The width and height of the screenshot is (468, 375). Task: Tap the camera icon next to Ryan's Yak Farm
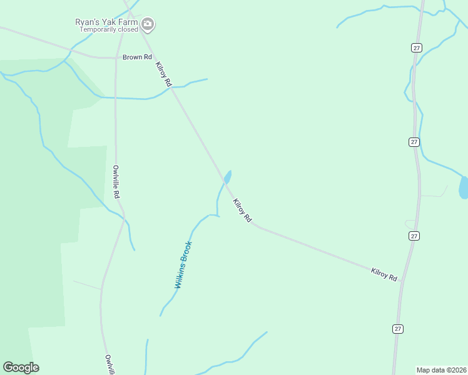click(x=148, y=25)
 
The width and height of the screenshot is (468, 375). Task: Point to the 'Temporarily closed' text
click(x=108, y=29)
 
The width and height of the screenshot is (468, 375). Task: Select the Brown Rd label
click(x=138, y=57)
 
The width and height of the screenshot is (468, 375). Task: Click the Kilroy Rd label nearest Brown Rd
click(x=163, y=74)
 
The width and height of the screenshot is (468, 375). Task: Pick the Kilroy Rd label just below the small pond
click(x=242, y=211)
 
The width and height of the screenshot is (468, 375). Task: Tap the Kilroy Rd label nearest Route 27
click(x=384, y=274)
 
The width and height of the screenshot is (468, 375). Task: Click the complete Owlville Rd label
click(x=116, y=181)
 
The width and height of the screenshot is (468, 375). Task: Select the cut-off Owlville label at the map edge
click(x=108, y=364)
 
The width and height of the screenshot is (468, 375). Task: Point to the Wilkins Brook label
click(x=183, y=265)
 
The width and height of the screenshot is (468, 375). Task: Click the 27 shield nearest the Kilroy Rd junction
click(x=414, y=236)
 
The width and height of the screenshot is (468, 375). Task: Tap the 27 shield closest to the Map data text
click(x=397, y=329)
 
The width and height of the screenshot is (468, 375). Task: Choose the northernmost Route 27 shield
click(x=415, y=47)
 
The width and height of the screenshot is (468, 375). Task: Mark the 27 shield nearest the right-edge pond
click(x=414, y=142)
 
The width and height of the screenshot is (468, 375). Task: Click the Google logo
click(x=21, y=367)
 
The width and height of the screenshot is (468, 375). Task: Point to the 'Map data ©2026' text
click(x=442, y=370)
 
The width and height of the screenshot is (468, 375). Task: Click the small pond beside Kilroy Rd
click(x=227, y=177)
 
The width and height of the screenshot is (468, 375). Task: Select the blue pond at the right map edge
click(x=464, y=187)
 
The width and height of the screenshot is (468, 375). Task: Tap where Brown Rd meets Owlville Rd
click(x=116, y=58)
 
